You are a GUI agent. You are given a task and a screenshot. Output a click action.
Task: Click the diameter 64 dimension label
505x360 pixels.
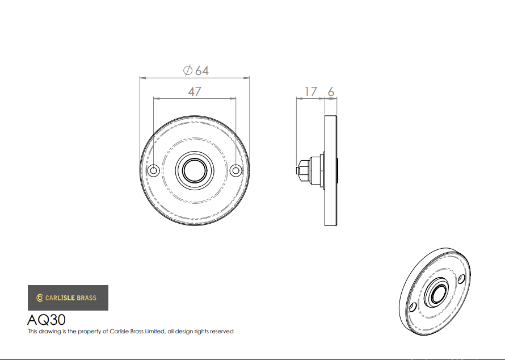[x=196, y=70]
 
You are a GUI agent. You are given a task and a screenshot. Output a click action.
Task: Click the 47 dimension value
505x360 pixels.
[x=195, y=92]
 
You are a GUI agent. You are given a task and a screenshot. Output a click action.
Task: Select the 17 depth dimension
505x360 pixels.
[x=310, y=91]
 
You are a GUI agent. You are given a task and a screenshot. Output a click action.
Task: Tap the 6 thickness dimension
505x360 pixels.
[x=331, y=92]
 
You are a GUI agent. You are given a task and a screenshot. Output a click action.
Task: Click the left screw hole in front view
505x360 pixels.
[x=154, y=170]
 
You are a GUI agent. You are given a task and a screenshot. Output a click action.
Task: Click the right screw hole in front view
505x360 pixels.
[x=236, y=170]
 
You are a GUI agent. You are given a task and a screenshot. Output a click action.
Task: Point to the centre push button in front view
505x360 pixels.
[x=195, y=170]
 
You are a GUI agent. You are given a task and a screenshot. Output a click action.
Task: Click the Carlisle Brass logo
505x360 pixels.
[x=68, y=298]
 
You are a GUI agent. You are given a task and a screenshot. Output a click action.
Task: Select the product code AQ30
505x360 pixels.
[x=47, y=320]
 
